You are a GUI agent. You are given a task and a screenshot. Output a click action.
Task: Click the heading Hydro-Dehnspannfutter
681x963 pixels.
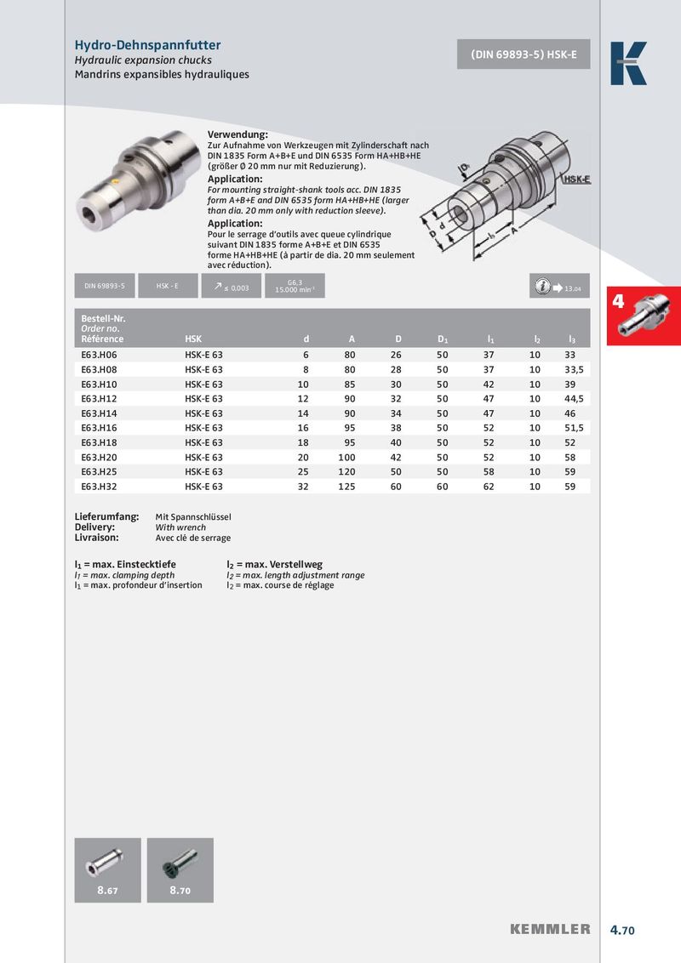pyautogui.click(x=147, y=45)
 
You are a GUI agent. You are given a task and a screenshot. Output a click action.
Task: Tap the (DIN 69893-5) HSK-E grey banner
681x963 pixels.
pyautogui.click(x=524, y=54)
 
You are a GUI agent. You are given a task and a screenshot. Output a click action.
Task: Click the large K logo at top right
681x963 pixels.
pyautogui.click(x=628, y=64)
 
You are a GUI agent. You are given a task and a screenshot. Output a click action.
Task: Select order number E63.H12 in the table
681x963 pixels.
pyautogui.click(x=99, y=398)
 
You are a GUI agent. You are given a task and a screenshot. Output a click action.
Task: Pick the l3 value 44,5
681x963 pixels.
pyautogui.click(x=577, y=398)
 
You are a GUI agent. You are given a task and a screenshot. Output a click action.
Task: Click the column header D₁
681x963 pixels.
pyautogui.click(x=443, y=339)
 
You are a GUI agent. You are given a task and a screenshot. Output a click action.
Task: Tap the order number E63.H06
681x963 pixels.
pyautogui.click(x=99, y=354)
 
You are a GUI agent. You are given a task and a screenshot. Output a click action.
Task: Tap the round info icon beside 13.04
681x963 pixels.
pyautogui.click(x=542, y=287)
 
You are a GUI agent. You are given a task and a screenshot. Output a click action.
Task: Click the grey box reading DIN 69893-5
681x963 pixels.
pyautogui.click(x=105, y=287)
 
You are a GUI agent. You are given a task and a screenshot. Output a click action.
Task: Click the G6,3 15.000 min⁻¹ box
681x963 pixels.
pyautogui.click(x=295, y=287)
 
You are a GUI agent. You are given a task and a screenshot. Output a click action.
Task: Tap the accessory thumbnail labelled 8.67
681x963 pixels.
pyautogui.click(x=107, y=869)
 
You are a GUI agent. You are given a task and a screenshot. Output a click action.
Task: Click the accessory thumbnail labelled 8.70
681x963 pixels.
pyautogui.click(x=180, y=869)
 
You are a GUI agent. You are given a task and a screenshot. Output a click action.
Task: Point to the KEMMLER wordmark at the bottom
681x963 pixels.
pyautogui.click(x=550, y=930)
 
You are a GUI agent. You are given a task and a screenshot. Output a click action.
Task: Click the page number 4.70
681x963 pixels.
pyautogui.click(x=622, y=931)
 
